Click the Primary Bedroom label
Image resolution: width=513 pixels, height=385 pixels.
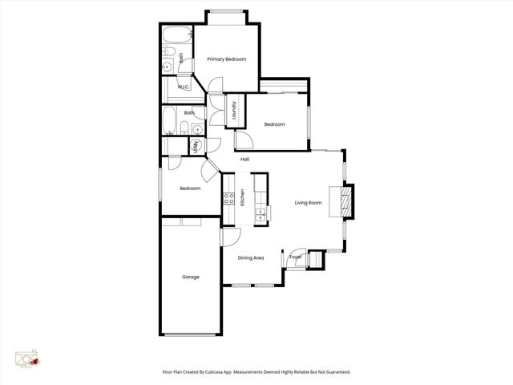[x=226, y=59]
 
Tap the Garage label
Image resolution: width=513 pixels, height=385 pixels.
[x=190, y=277]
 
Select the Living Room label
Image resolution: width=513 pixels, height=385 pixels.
[x=308, y=203]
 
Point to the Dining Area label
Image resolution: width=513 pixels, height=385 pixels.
[x=252, y=257]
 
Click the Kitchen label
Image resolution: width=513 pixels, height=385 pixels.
[x=242, y=197]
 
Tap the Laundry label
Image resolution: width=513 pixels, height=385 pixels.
[x=234, y=111]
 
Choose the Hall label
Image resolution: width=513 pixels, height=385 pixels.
[x=244, y=159]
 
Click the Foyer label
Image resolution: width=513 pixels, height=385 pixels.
[x=295, y=257]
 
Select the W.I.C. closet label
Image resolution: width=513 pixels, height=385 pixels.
[x=184, y=87]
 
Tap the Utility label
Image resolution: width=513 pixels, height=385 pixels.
[x=196, y=145]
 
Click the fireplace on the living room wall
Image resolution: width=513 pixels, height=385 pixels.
[x=346, y=201]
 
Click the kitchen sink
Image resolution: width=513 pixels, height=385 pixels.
[x=260, y=213]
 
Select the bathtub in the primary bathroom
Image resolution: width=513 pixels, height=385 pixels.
[x=176, y=34]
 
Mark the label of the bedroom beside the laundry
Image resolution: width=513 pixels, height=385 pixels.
[x=275, y=124]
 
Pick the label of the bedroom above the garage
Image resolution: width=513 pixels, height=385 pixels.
[x=190, y=188]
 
